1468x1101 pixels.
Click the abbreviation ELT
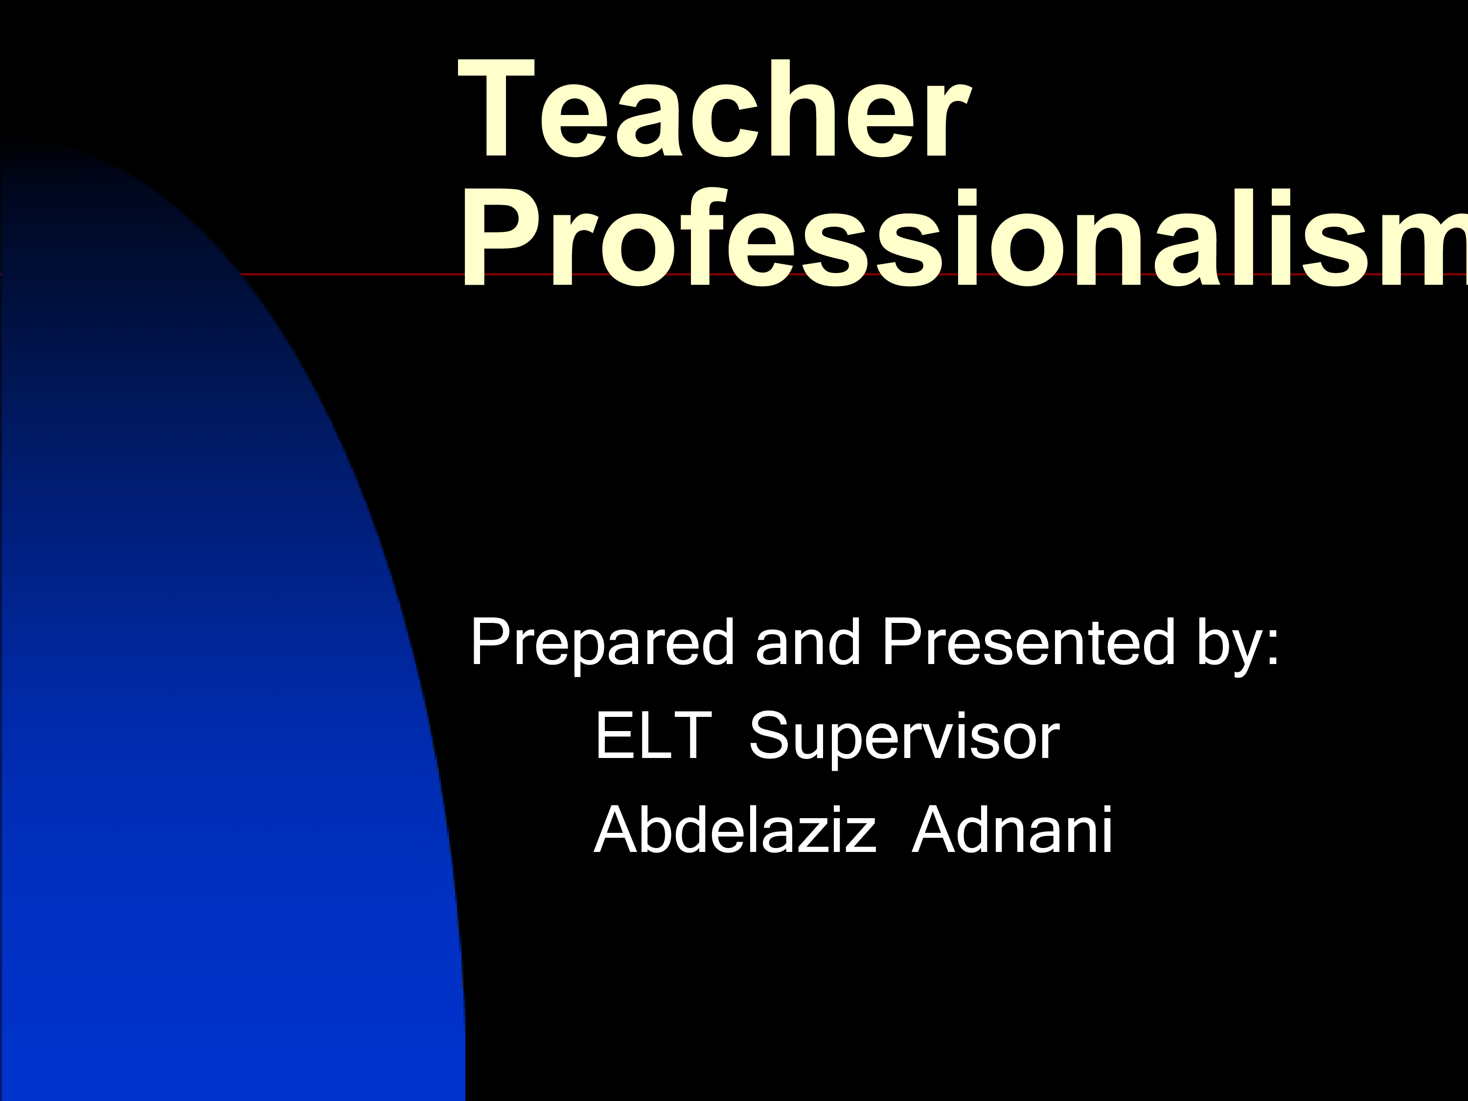click(x=654, y=735)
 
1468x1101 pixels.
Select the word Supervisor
click(x=904, y=738)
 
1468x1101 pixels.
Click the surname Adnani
click(x=1012, y=829)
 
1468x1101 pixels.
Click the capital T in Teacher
click(x=496, y=110)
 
